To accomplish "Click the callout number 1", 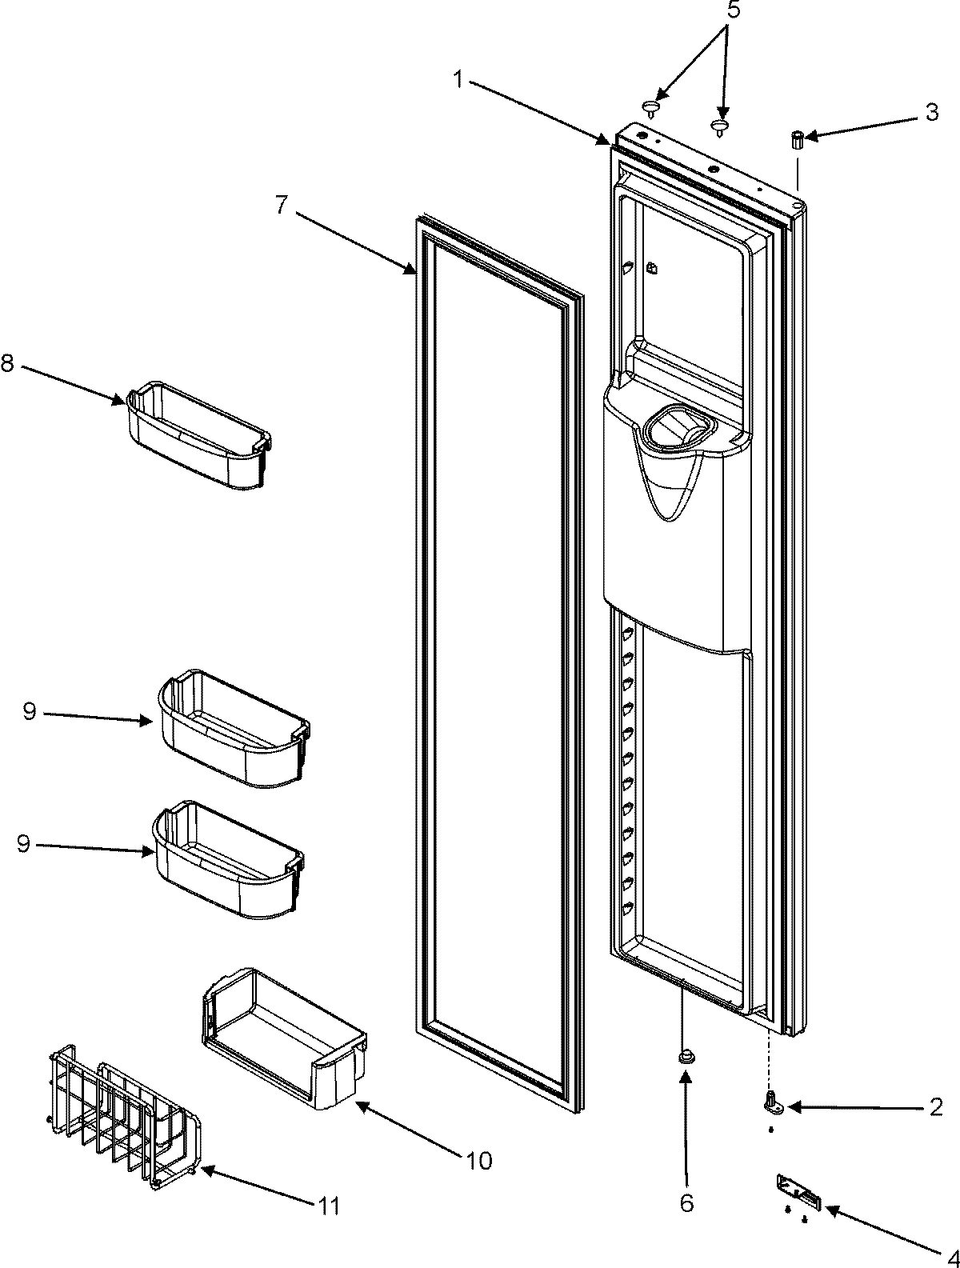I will (x=458, y=79).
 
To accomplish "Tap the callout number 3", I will (x=931, y=113).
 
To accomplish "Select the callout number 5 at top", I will (x=734, y=12).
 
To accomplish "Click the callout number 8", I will (x=7, y=363).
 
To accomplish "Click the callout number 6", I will (x=687, y=1225).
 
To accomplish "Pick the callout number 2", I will (x=935, y=1107).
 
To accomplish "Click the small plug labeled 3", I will (x=797, y=140).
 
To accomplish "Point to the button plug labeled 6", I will (x=686, y=1058).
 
